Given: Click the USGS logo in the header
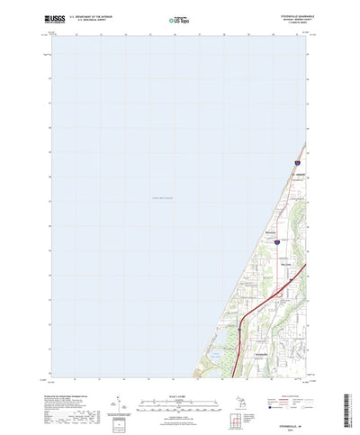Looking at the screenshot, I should [x=51, y=17].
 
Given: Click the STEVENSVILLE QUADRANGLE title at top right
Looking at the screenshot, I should [x=287, y=14].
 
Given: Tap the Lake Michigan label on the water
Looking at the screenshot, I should [x=166, y=198].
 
